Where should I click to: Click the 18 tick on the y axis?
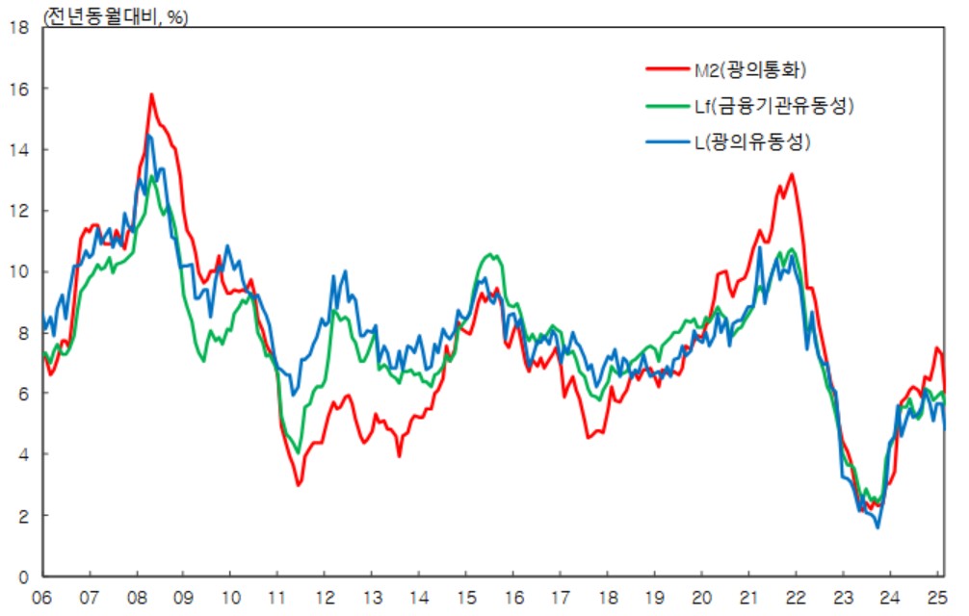pos(17,28)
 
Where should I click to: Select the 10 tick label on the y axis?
pos(17,271)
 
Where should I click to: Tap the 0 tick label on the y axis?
pos(21,577)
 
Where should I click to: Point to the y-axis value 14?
pos(17,150)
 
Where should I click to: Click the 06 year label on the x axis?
pos(41,597)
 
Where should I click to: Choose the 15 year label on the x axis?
pos(465,597)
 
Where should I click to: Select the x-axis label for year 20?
pos(701,597)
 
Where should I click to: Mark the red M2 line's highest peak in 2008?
pos(151,94)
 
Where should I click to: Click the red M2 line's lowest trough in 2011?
pos(299,485)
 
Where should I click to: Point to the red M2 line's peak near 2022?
pos(791,174)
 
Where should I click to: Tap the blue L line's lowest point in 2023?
pos(877,527)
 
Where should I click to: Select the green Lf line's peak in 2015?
pos(491,254)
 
